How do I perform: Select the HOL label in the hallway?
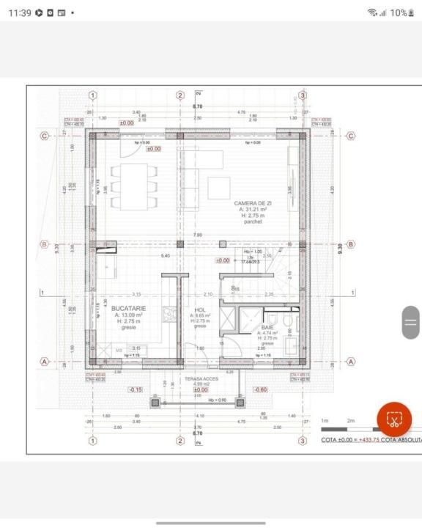click(200, 310)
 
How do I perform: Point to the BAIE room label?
click(267, 327)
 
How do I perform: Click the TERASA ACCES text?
click(201, 378)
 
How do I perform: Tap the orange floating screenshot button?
click(394, 419)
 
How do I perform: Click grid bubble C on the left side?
click(45, 136)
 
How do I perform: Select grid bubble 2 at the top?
click(179, 95)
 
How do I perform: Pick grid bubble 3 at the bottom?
click(302, 440)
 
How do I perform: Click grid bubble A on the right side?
click(350, 361)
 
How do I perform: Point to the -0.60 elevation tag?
click(259, 389)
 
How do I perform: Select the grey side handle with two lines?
click(411, 322)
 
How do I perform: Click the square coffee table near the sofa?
click(218, 188)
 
